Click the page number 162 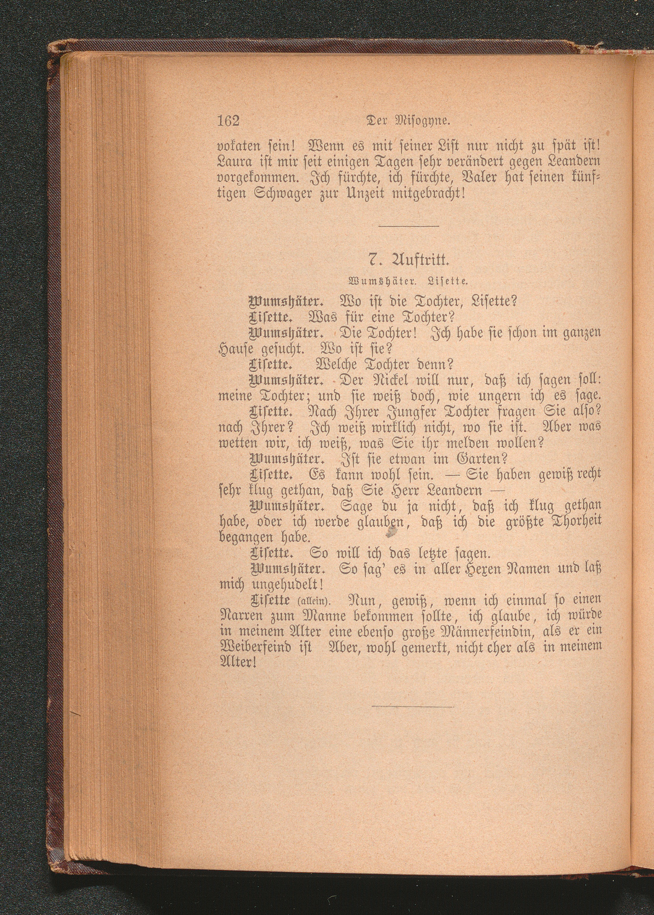tap(228, 121)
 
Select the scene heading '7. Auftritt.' tap(409, 260)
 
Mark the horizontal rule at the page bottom tap(413, 706)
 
